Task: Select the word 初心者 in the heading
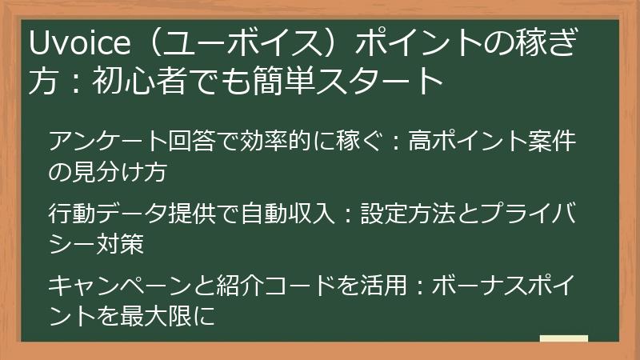[141, 81]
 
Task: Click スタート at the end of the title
[397, 81]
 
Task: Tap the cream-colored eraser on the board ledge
[563, 338]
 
